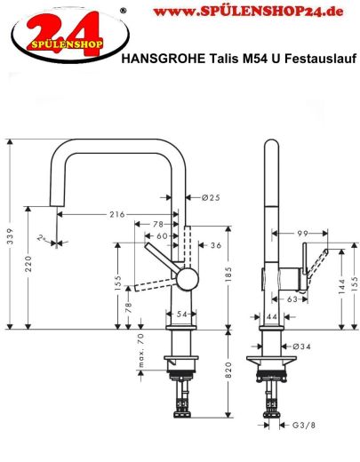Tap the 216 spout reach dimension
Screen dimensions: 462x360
click(x=116, y=215)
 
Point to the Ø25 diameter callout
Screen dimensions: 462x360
click(x=211, y=196)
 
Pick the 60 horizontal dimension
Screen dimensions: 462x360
click(x=161, y=236)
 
